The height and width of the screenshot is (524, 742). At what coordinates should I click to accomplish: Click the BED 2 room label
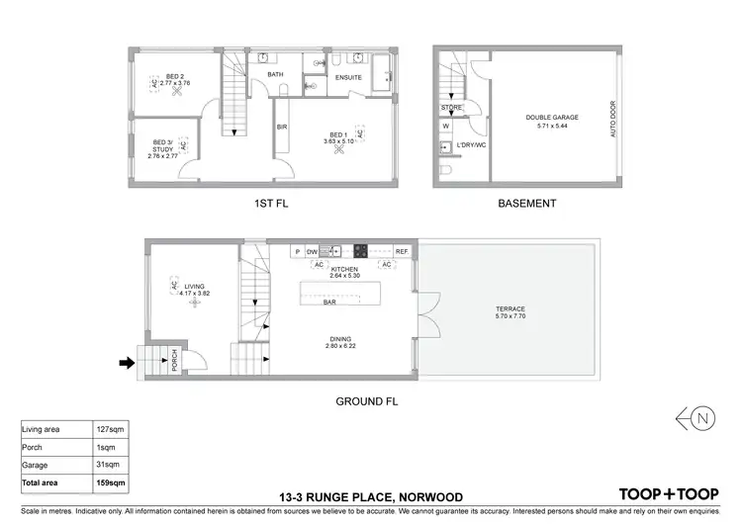click(x=174, y=75)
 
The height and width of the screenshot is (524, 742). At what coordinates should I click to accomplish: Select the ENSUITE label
click(x=348, y=76)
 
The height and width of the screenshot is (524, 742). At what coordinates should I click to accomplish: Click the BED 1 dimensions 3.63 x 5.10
click(x=338, y=141)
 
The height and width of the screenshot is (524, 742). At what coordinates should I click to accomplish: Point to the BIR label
click(x=282, y=126)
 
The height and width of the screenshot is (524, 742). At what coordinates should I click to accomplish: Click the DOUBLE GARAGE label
click(x=551, y=117)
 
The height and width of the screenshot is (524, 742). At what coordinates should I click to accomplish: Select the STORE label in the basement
click(x=451, y=107)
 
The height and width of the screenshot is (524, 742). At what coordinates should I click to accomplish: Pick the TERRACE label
click(x=510, y=308)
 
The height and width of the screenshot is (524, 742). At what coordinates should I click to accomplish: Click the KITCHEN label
click(x=345, y=269)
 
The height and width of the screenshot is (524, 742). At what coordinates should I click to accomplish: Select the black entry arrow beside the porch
click(x=126, y=363)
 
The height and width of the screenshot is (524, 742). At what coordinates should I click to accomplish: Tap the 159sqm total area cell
click(x=110, y=482)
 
